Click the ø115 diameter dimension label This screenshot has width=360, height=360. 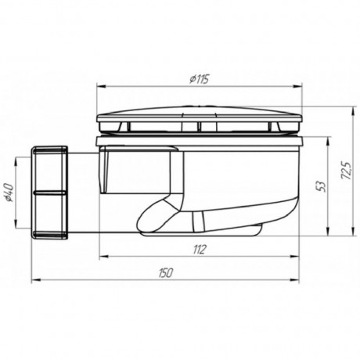(199, 79)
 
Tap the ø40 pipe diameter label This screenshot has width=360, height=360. (9, 192)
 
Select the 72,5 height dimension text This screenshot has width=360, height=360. (347, 170)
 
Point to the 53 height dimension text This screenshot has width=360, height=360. (322, 186)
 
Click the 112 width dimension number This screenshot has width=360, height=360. (200, 250)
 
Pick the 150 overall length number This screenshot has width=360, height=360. (165, 273)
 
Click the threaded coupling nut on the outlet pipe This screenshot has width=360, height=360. (49, 193)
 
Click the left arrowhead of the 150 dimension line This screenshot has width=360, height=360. (35, 280)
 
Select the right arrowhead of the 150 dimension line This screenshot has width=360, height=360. (295, 280)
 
